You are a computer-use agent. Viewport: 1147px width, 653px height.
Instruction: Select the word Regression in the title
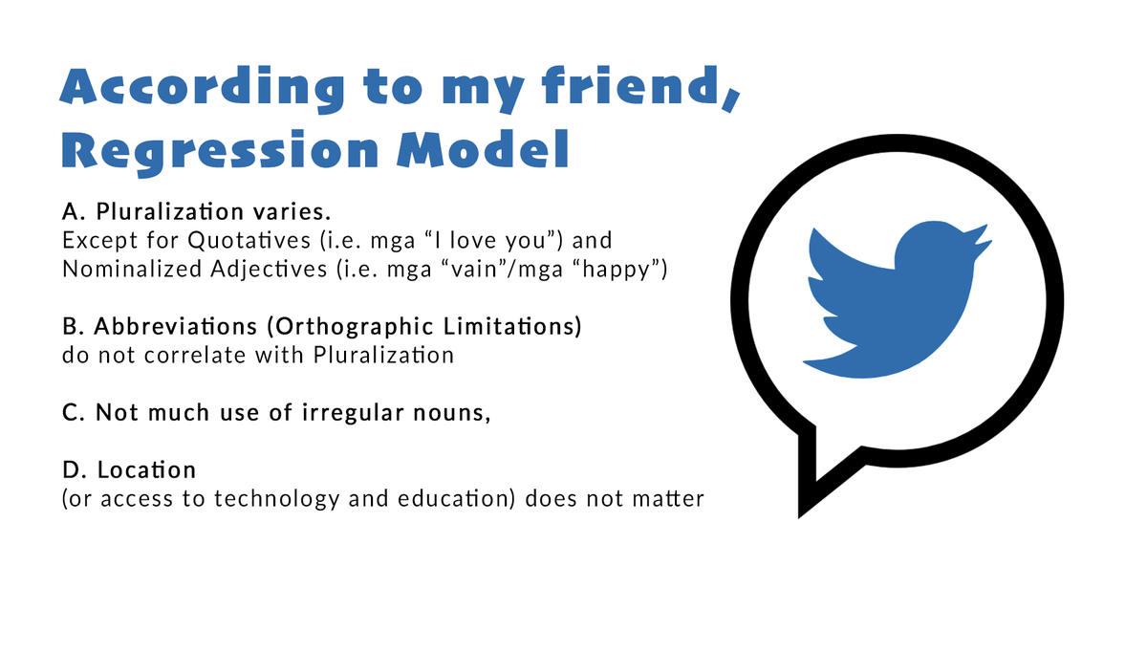214,150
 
